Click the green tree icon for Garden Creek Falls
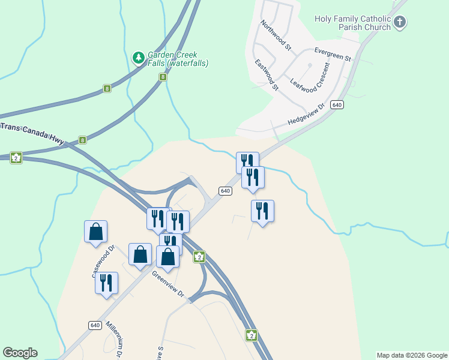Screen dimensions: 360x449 (139, 58)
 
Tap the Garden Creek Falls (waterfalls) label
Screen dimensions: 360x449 (178, 59)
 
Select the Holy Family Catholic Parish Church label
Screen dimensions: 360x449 (352, 23)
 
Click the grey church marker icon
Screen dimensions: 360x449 (400, 23)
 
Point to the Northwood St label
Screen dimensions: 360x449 (276, 35)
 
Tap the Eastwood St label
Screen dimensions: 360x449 (267, 75)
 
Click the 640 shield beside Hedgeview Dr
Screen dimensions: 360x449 (337, 105)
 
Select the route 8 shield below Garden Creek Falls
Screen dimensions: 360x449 (163, 77)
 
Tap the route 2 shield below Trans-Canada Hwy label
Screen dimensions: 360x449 (16, 158)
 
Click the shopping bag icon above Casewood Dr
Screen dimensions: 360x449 (96, 232)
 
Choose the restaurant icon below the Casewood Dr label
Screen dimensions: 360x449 (107, 283)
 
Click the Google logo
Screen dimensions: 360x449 (20, 353)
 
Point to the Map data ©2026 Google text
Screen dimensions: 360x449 (412, 355)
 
